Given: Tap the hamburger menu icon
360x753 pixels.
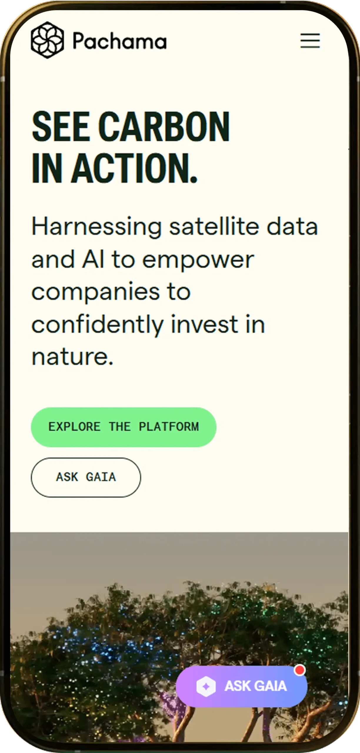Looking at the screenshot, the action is tap(310, 40).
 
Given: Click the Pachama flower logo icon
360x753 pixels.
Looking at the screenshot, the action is tap(47, 40).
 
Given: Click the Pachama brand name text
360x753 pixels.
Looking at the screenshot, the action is tap(120, 41).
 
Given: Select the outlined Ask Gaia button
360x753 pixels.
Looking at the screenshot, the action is tap(86, 477).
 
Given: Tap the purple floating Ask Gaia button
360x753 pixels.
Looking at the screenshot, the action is tap(241, 686).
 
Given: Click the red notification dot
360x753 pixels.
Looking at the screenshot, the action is tap(300, 670).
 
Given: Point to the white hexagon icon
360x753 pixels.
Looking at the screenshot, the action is tap(206, 686).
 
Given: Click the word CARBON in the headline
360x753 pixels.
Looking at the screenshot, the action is tap(164, 126).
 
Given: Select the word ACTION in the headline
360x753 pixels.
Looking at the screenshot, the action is tap(134, 168).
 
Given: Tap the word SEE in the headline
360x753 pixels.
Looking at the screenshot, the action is tap(61, 126).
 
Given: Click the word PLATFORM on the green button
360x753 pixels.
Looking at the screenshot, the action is tap(169, 427).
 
